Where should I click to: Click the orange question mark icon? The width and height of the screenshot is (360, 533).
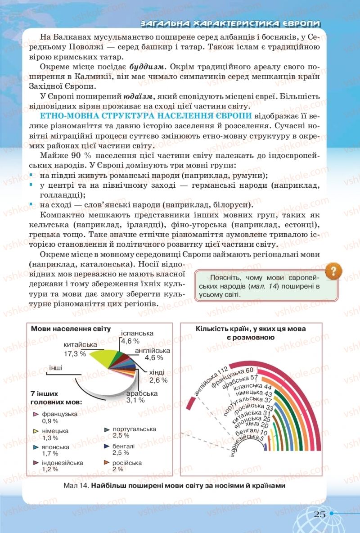[x=333, y=271]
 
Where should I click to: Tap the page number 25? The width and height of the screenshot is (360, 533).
[x=319, y=515]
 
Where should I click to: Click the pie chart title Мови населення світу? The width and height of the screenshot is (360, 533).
[x=71, y=329]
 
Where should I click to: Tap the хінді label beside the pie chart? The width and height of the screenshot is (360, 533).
[x=157, y=372]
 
